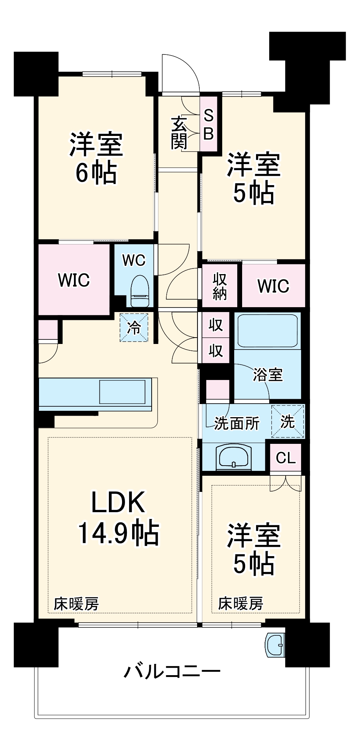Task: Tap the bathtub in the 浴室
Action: [268, 330]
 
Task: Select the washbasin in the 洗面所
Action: [233, 457]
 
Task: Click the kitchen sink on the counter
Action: [122, 392]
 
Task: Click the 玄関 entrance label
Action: [179, 133]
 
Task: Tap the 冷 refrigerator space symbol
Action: [134, 327]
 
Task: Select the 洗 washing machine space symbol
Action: [288, 421]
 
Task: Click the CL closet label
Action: [286, 458]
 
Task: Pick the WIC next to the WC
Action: [74, 280]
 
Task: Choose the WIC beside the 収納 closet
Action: [273, 286]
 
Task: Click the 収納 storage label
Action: [220, 286]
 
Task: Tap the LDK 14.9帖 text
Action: [118, 517]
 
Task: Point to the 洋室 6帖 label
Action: [96, 158]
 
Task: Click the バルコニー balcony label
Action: [172, 671]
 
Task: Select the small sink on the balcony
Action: [276, 645]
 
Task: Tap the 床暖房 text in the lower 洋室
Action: [241, 603]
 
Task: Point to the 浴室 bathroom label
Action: [268, 375]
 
